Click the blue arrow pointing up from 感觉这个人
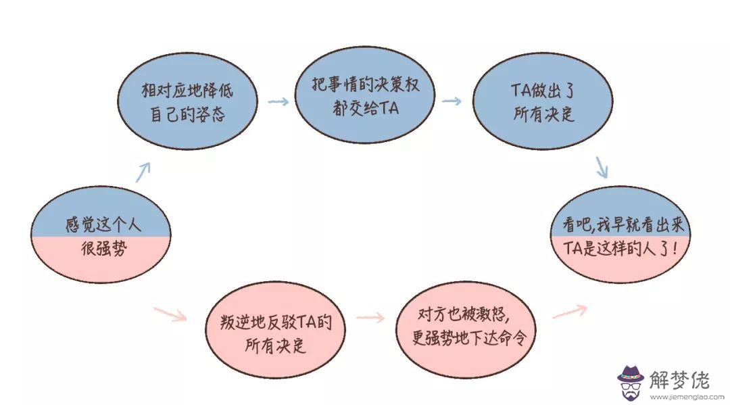[x=142, y=172]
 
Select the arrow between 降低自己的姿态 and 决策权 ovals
[x=278, y=102]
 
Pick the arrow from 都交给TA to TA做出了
[x=452, y=101]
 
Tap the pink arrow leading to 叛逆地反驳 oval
[x=170, y=314]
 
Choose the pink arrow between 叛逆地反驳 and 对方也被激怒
[x=370, y=318]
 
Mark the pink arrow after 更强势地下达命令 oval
[x=569, y=310]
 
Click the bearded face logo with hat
[x=631, y=381]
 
